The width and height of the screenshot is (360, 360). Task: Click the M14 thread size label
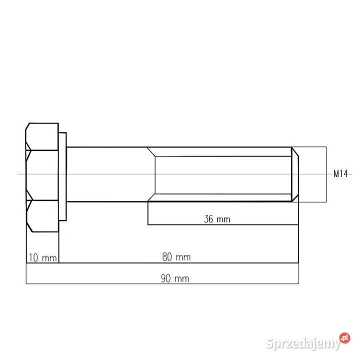click(340, 174)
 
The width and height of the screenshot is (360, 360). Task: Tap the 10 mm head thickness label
click(42, 257)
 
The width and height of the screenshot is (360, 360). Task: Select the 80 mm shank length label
click(176, 257)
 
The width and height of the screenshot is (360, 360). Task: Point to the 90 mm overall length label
click(175, 278)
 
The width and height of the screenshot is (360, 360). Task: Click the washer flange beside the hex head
click(62, 176)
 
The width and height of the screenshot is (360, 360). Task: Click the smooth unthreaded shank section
click(107, 174)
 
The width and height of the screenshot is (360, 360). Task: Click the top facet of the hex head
click(43, 136)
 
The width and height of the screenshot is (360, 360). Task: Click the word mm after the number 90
click(182, 278)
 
